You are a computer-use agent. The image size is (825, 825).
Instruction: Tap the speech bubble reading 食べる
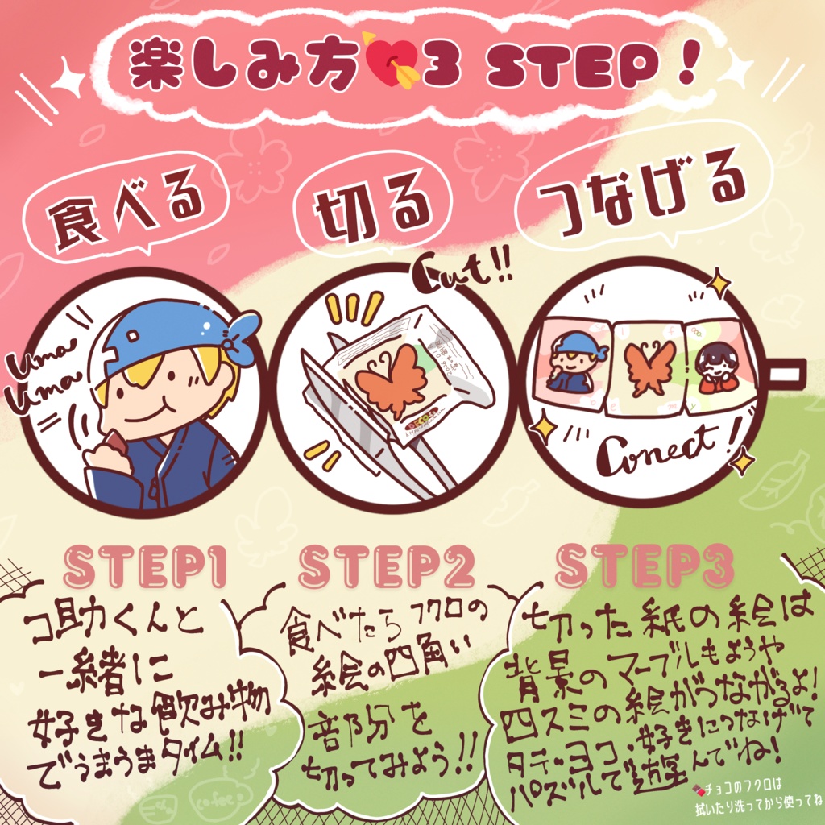coord(127,211)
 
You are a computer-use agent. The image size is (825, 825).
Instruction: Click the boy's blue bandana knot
coord(239,338)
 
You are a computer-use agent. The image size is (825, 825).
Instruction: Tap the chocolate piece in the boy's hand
coord(114,446)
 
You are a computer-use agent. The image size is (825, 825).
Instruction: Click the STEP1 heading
coord(143,570)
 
